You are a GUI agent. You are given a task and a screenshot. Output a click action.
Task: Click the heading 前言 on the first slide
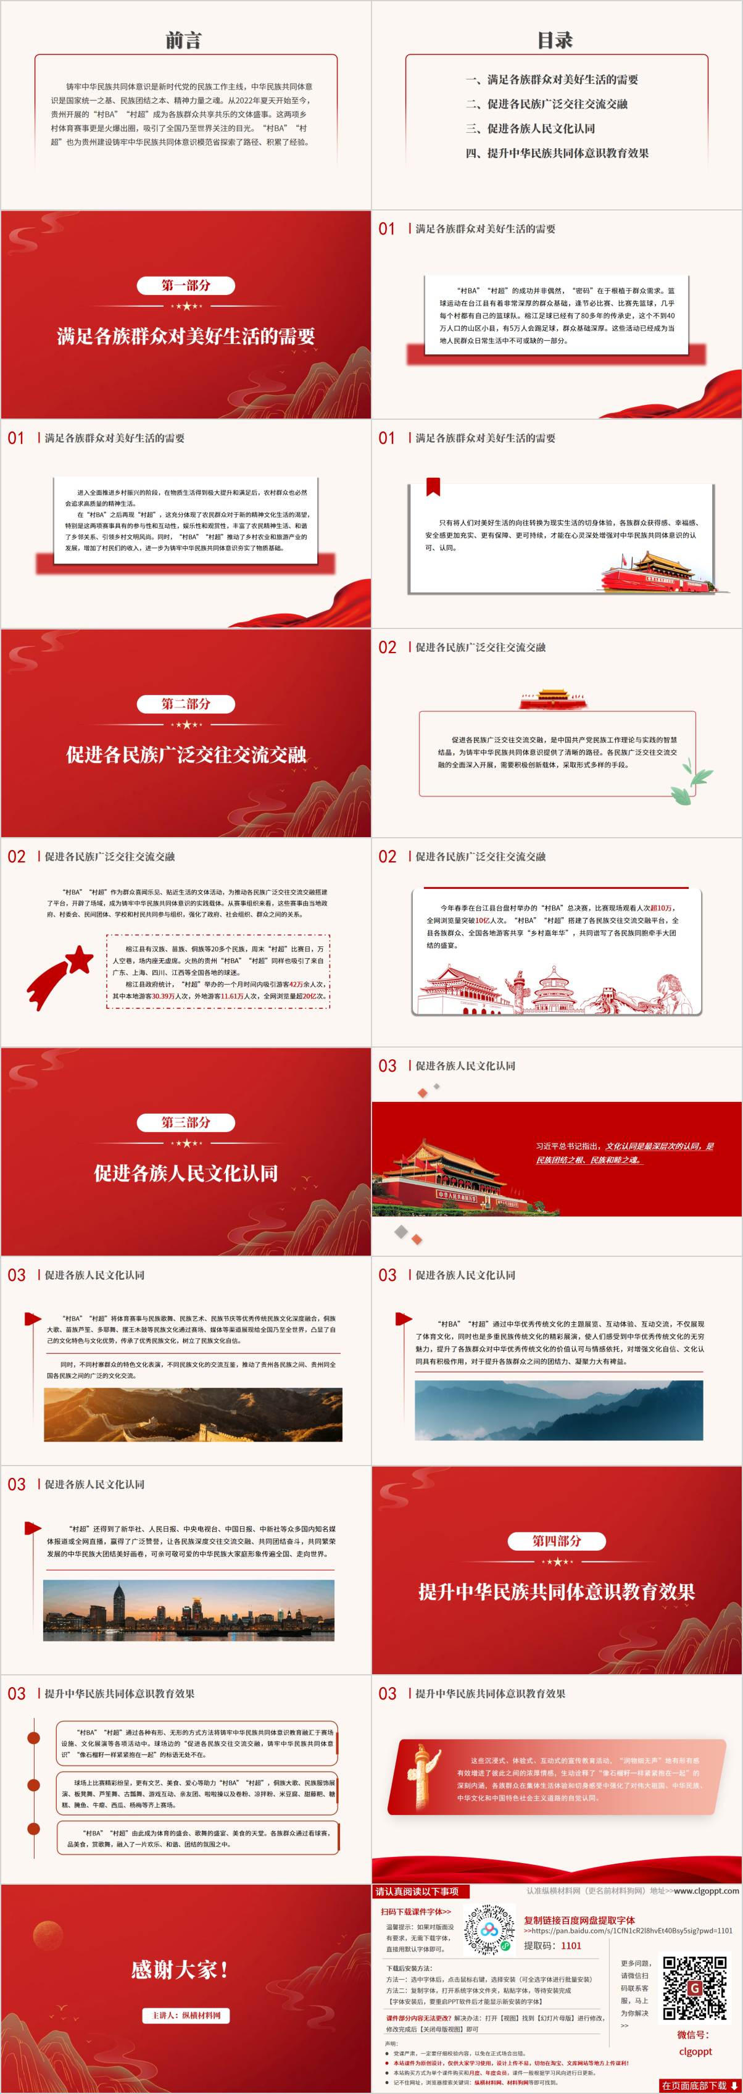point(184,40)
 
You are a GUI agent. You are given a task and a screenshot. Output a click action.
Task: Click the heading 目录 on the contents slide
point(555,40)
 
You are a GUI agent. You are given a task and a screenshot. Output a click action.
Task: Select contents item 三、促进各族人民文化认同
point(541,128)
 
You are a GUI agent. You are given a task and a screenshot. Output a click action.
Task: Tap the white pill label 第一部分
point(186,285)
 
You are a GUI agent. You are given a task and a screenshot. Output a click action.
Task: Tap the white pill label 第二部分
point(186,704)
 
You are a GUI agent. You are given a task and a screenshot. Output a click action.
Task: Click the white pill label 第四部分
point(557,1541)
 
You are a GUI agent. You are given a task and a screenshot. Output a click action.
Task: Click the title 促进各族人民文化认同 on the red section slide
point(186,1173)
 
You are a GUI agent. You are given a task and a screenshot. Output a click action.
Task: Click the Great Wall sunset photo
point(193,1414)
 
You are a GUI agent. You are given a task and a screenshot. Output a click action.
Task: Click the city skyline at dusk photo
point(189,1611)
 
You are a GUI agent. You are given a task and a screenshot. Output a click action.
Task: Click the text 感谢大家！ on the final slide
point(180,1970)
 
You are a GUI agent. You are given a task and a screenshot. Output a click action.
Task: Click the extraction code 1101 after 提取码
point(571,1945)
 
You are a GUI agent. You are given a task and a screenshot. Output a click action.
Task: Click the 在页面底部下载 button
point(699,2086)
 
